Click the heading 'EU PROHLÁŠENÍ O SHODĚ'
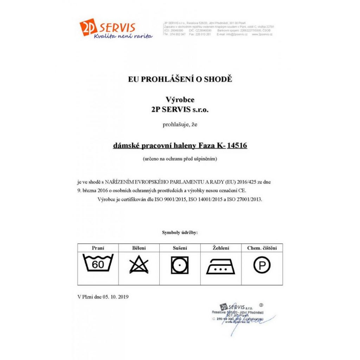coord(180,79)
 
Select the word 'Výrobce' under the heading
coord(180,100)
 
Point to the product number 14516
coord(237,145)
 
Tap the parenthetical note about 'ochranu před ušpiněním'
coord(180,159)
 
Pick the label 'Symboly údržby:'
coord(180,233)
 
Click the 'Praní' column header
coord(98,248)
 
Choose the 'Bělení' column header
coord(139,248)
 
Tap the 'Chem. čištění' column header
coord(262,248)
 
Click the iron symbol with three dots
coord(221,266)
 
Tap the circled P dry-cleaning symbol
coord(262,265)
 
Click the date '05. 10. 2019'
coord(116,297)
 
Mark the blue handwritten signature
coord(246,322)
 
